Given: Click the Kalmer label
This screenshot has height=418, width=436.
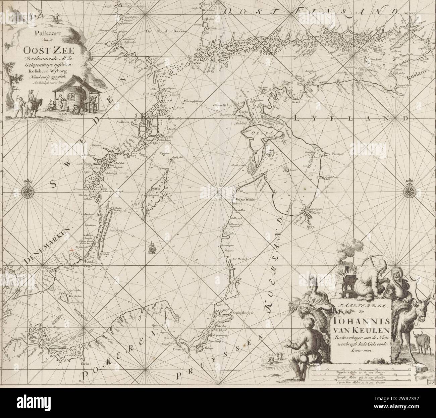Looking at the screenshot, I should coord(87,235).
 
